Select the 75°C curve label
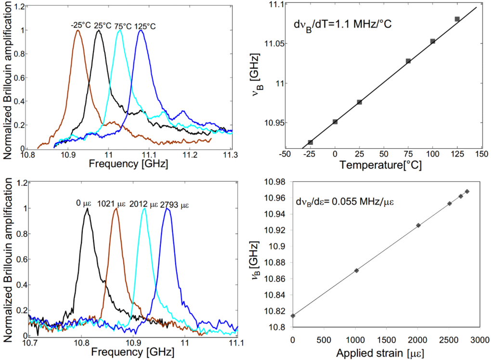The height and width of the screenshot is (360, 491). pos(123,26)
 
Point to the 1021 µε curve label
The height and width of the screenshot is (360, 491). pos(112,204)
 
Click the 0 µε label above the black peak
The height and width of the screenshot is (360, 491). pos(82,204)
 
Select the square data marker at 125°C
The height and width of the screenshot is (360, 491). pos(457,19)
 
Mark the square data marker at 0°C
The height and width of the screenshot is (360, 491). pos(335,122)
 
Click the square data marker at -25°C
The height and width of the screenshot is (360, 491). pos(310,142)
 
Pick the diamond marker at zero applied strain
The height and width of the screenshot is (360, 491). pos(293,316)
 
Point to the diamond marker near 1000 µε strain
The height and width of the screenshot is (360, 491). pos(356,270)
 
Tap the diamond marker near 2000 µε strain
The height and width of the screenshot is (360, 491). pos(418,225)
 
